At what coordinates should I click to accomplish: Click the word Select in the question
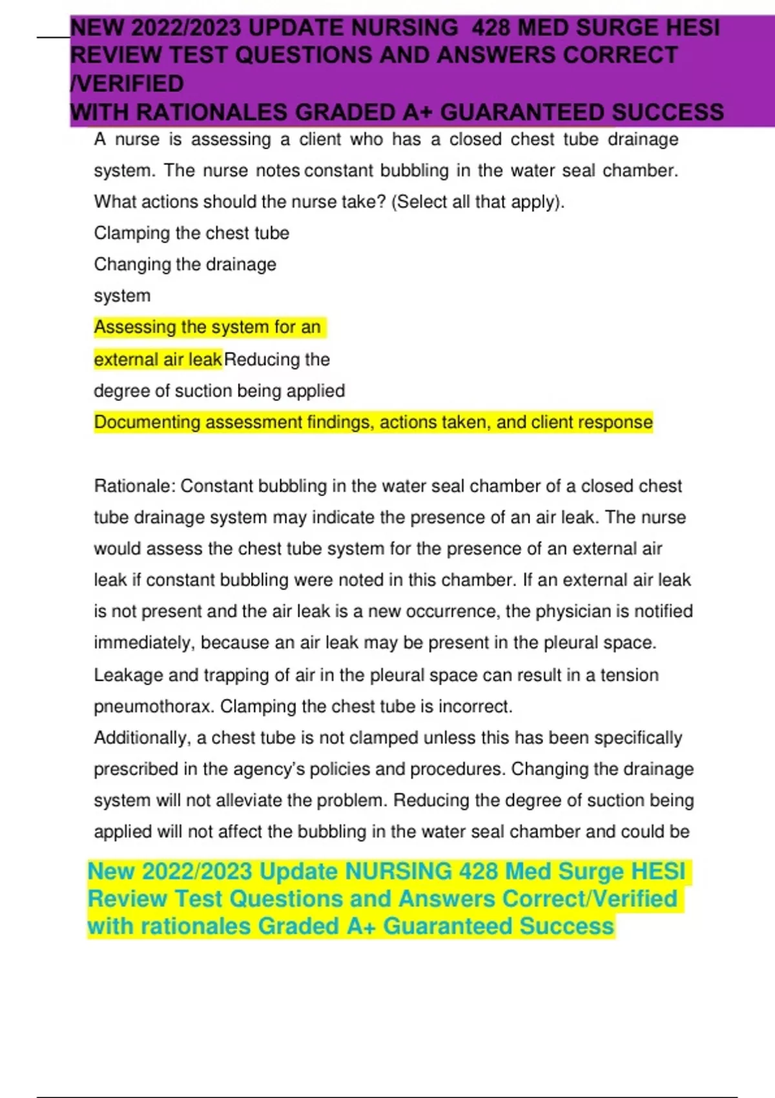point(421,202)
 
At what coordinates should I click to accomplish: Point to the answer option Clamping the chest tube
point(191,233)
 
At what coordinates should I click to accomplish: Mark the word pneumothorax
point(153,707)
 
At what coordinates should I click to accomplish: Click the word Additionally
point(142,738)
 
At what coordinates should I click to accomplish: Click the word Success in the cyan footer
point(566,926)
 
